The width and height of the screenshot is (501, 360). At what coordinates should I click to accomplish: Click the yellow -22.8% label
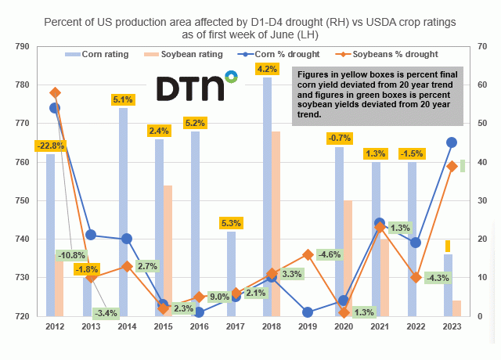(49, 146)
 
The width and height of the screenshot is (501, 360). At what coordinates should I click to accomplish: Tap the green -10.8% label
(70, 255)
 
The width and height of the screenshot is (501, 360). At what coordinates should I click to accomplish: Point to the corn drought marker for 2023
(452, 142)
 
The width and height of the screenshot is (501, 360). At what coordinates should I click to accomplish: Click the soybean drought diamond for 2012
(55, 93)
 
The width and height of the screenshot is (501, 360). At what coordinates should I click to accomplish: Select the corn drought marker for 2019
(308, 312)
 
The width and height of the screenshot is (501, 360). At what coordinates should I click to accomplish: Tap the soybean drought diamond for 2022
(416, 278)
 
